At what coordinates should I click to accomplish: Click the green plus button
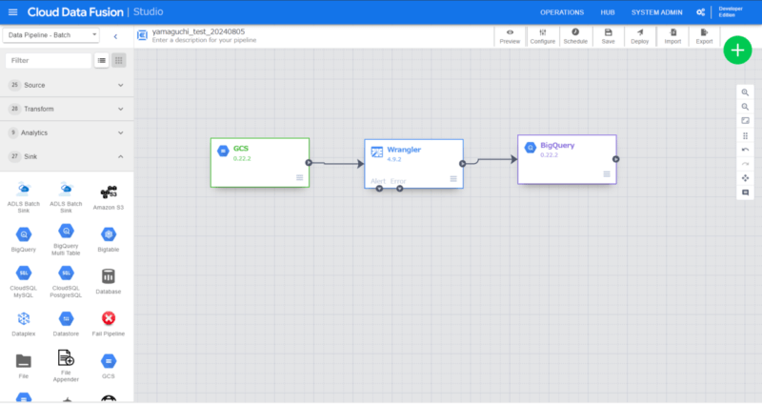point(737,50)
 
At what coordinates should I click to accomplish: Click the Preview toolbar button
point(510,36)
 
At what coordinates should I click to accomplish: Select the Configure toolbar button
point(543,36)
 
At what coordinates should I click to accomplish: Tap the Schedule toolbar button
point(575,36)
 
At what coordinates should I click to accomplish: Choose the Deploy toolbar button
point(639,36)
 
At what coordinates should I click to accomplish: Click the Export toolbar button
point(704,36)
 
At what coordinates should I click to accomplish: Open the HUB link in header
point(608,12)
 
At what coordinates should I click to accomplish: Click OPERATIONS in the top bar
point(562,12)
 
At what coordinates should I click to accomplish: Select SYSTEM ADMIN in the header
point(658,12)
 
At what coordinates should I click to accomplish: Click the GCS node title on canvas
point(241,149)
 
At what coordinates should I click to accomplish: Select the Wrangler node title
point(404,150)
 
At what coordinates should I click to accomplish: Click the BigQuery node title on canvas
point(557,145)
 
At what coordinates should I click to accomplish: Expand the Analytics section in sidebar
point(66,132)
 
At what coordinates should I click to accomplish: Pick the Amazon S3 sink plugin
point(110,198)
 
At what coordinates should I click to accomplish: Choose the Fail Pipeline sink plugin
point(110,324)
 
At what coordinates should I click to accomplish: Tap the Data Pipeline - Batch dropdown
point(51,35)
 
